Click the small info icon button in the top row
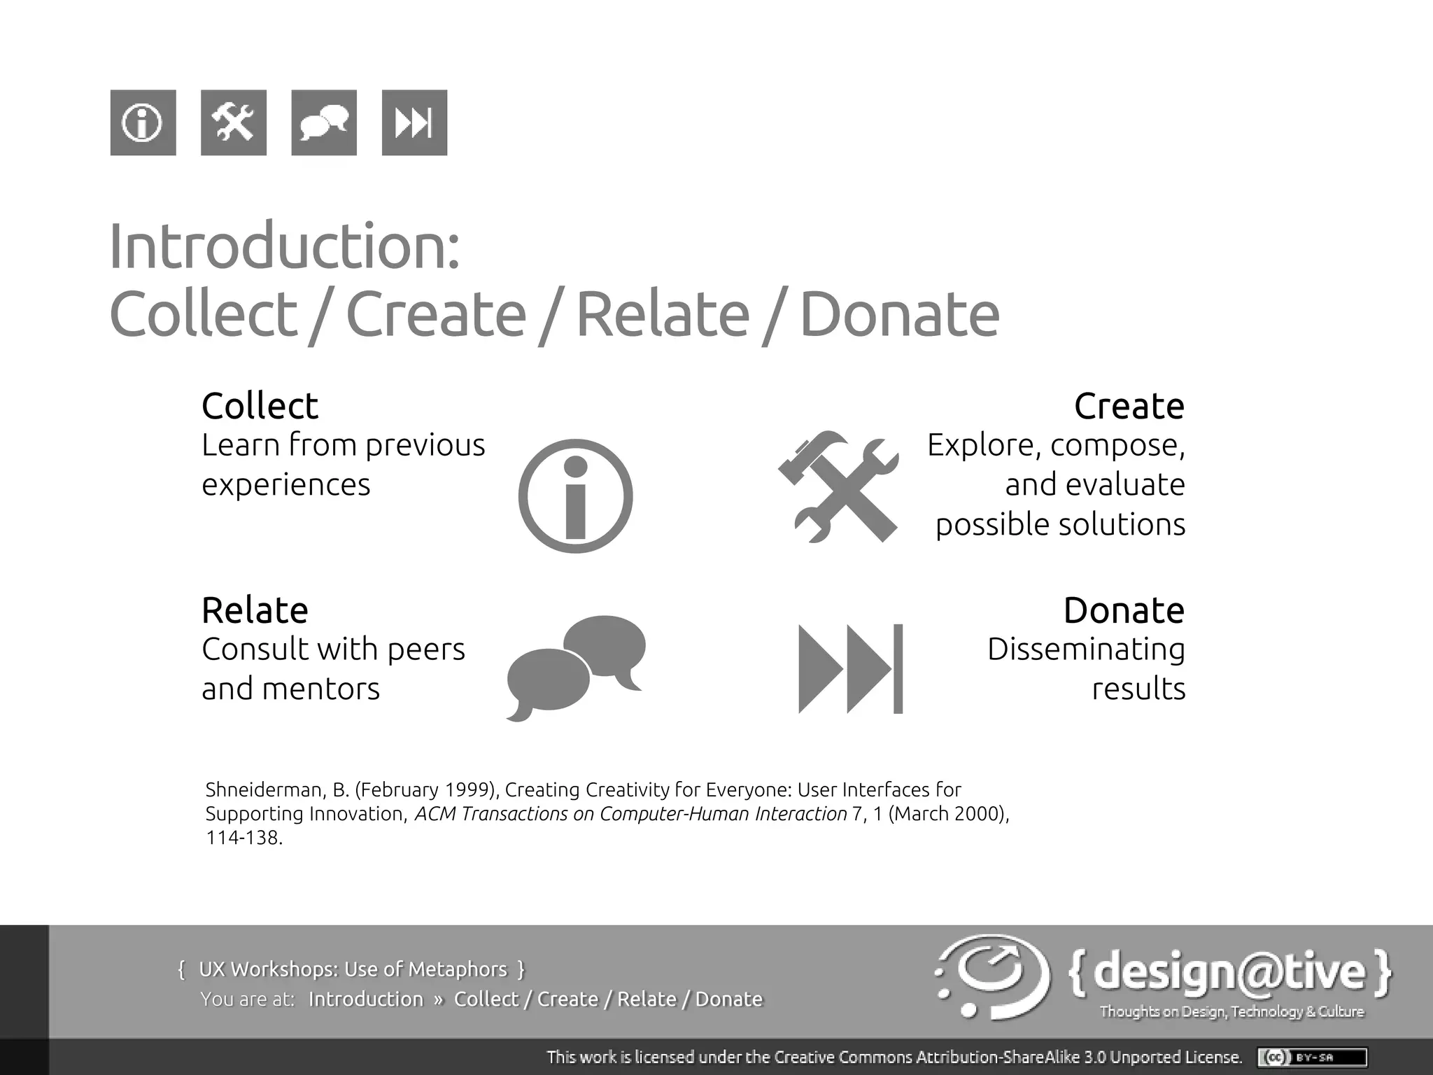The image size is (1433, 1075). point(143,122)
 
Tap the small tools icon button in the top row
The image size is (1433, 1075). point(233,122)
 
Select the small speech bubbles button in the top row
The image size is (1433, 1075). point(323,122)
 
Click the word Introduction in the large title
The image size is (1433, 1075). point(284,246)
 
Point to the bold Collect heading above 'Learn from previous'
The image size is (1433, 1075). point(260,406)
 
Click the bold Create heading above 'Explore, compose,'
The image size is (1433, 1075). point(1129,406)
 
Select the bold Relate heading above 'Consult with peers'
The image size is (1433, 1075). point(255,610)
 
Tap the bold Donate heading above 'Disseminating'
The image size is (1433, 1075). point(1124,610)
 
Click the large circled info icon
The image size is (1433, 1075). point(575,496)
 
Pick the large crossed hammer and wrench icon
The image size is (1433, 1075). point(838,487)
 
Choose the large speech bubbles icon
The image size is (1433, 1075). point(576,667)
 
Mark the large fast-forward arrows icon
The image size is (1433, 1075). point(850,668)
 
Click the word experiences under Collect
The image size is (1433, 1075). point(285,484)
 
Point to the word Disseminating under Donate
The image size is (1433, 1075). point(1086,649)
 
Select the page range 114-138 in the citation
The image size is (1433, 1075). point(243,838)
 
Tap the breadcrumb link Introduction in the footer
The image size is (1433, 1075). point(366,999)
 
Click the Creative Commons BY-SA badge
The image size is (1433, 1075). point(1312,1057)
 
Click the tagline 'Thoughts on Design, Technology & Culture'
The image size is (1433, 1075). point(1231,1011)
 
